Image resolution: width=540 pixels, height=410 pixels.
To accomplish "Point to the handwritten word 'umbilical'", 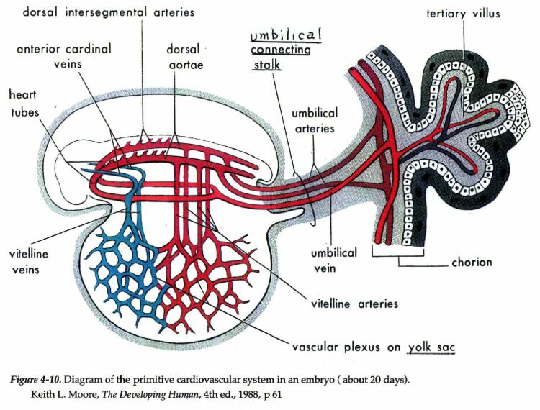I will (x=286, y=35).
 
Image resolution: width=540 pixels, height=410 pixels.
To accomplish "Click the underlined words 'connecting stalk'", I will (x=280, y=58).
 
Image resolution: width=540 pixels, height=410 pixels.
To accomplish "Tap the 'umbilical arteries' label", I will (x=314, y=121).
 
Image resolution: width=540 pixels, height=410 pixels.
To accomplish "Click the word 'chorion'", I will (x=472, y=263).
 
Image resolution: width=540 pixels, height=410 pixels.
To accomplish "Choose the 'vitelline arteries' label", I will (x=354, y=304).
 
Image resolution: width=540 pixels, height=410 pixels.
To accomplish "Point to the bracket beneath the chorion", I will (x=397, y=254).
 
